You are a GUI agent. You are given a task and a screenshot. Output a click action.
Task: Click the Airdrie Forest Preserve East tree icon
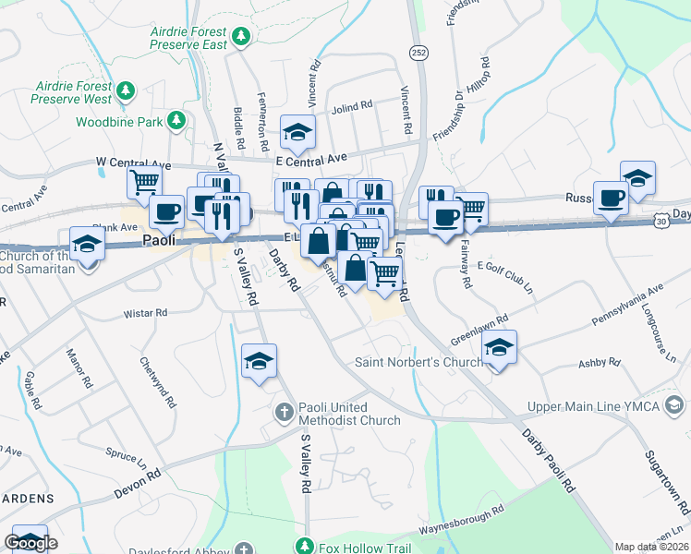241,36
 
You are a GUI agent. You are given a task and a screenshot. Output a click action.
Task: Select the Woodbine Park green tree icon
176,121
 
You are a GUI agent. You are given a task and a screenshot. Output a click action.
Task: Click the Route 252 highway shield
418,52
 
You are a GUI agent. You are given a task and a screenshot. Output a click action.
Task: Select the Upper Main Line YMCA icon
675,406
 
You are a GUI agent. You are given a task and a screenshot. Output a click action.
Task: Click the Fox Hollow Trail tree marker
305,547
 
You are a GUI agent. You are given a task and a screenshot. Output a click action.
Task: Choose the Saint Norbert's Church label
418,362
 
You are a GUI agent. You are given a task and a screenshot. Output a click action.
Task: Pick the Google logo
30,543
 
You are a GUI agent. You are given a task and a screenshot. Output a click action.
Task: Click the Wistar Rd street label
148,314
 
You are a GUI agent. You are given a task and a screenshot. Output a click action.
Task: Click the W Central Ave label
133,163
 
